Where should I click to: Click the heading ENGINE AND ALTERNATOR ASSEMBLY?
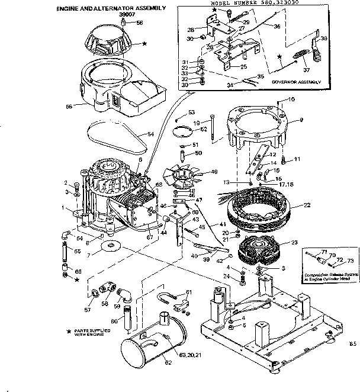(110, 9)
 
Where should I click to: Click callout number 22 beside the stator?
(307, 205)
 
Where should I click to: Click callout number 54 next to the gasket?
(150, 135)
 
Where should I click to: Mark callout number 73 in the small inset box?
(350, 261)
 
